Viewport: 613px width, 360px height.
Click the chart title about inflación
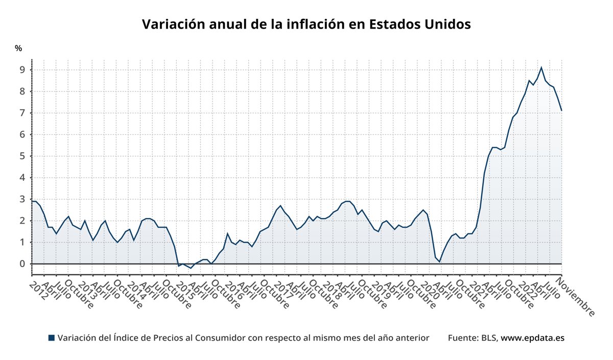pyautogui.click(x=306, y=25)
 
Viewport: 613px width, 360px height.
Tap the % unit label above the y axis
pyautogui.click(x=18, y=49)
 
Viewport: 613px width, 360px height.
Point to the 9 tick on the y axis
pyautogui.click(x=22, y=70)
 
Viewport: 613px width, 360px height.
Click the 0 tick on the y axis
pyautogui.click(x=22, y=264)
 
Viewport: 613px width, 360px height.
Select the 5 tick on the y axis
pyautogui.click(x=22, y=156)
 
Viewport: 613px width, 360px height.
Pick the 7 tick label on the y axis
pyautogui.click(x=22, y=113)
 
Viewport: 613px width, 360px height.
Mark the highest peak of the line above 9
pyautogui.click(x=541, y=67)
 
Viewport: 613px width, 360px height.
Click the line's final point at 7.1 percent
pyautogui.click(x=561, y=110)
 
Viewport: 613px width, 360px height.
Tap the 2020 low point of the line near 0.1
pyautogui.click(x=439, y=262)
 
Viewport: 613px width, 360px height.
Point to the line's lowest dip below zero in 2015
pyautogui.click(x=191, y=268)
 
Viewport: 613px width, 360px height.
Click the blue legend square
pyautogui.click(x=51, y=338)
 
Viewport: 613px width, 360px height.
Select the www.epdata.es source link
pyautogui.click(x=532, y=338)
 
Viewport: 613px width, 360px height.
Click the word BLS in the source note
pyautogui.click(x=488, y=338)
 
